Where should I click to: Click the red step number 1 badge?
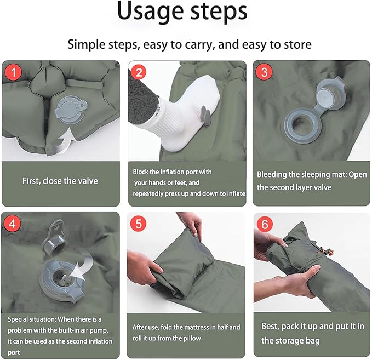coord(14,72)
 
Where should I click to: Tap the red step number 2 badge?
coord(139,72)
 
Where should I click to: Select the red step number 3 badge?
coord(264,72)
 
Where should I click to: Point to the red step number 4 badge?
coord(13,224)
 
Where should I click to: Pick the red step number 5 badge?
coord(139,224)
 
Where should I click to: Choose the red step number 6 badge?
coord(265,224)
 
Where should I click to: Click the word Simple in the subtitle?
coord(87,44)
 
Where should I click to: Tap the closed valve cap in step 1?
coord(71,111)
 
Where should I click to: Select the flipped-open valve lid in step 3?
coord(330,94)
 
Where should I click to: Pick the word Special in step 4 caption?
coord(19,319)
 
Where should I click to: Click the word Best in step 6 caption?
coord(270,327)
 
